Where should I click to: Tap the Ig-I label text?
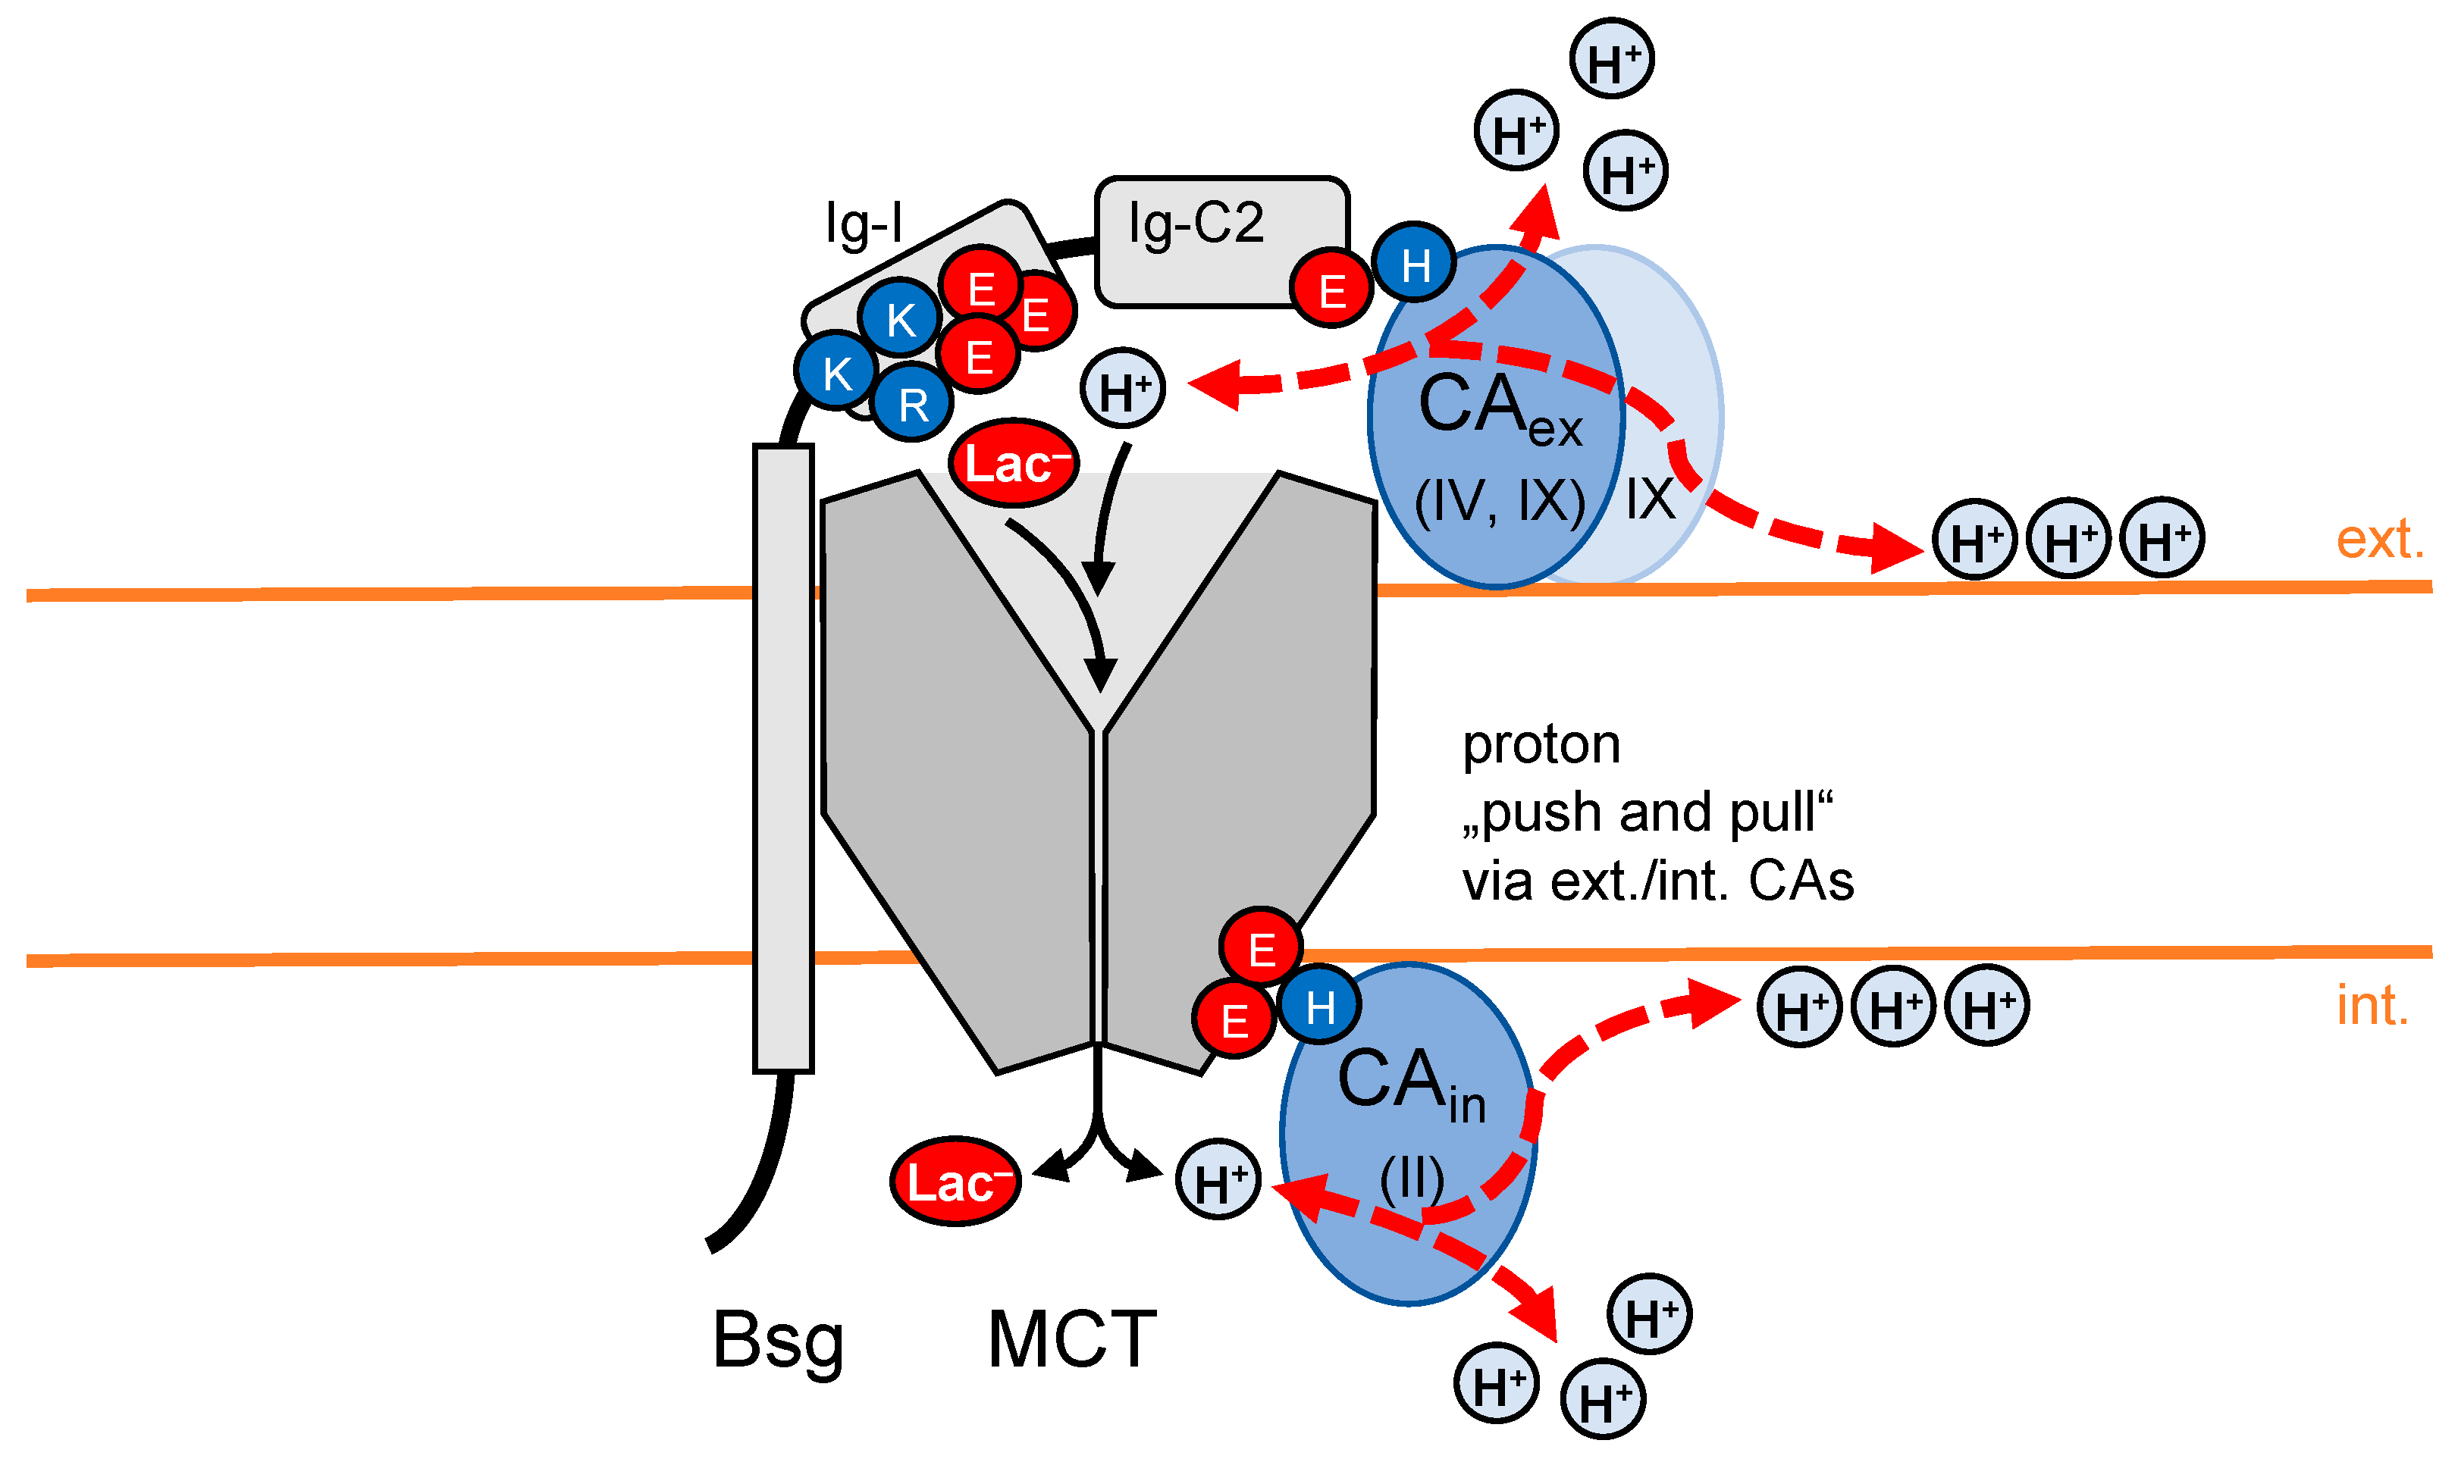click(x=864, y=224)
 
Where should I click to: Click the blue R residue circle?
click(x=911, y=403)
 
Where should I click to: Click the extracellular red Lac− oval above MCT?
click(x=1014, y=462)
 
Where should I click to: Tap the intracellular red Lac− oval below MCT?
click(x=955, y=1181)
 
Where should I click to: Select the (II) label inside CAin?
click(x=1411, y=1177)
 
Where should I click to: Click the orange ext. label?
click(x=2379, y=539)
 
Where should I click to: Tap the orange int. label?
click(x=2372, y=1005)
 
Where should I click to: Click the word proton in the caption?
click(x=1541, y=745)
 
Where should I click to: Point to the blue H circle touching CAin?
click(x=1319, y=1006)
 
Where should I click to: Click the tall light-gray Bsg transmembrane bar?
click(x=782, y=757)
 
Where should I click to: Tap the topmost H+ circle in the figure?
click(x=1611, y=59)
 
